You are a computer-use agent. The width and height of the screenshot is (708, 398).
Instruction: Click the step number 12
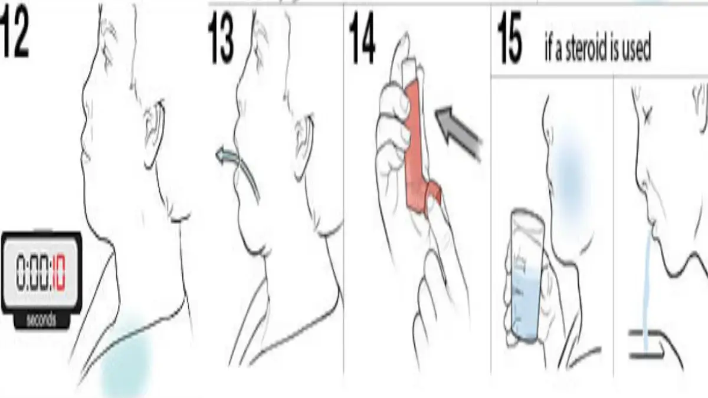click(14, 35)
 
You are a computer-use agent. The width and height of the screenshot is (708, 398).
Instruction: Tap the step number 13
click(221, 37)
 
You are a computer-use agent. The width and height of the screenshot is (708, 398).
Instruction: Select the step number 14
click(362, 37)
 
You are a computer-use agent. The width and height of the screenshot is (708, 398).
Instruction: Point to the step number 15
click(510, 37)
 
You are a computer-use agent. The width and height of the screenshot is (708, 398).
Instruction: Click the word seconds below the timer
click(41, 320)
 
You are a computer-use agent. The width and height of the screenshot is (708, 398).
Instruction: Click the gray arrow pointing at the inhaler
click(458, 133)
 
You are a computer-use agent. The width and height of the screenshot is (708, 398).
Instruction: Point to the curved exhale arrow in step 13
click(237, 170)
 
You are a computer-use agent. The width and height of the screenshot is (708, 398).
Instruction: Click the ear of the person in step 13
click(303, 145)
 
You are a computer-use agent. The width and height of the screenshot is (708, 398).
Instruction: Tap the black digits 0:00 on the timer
click(33, 272)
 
